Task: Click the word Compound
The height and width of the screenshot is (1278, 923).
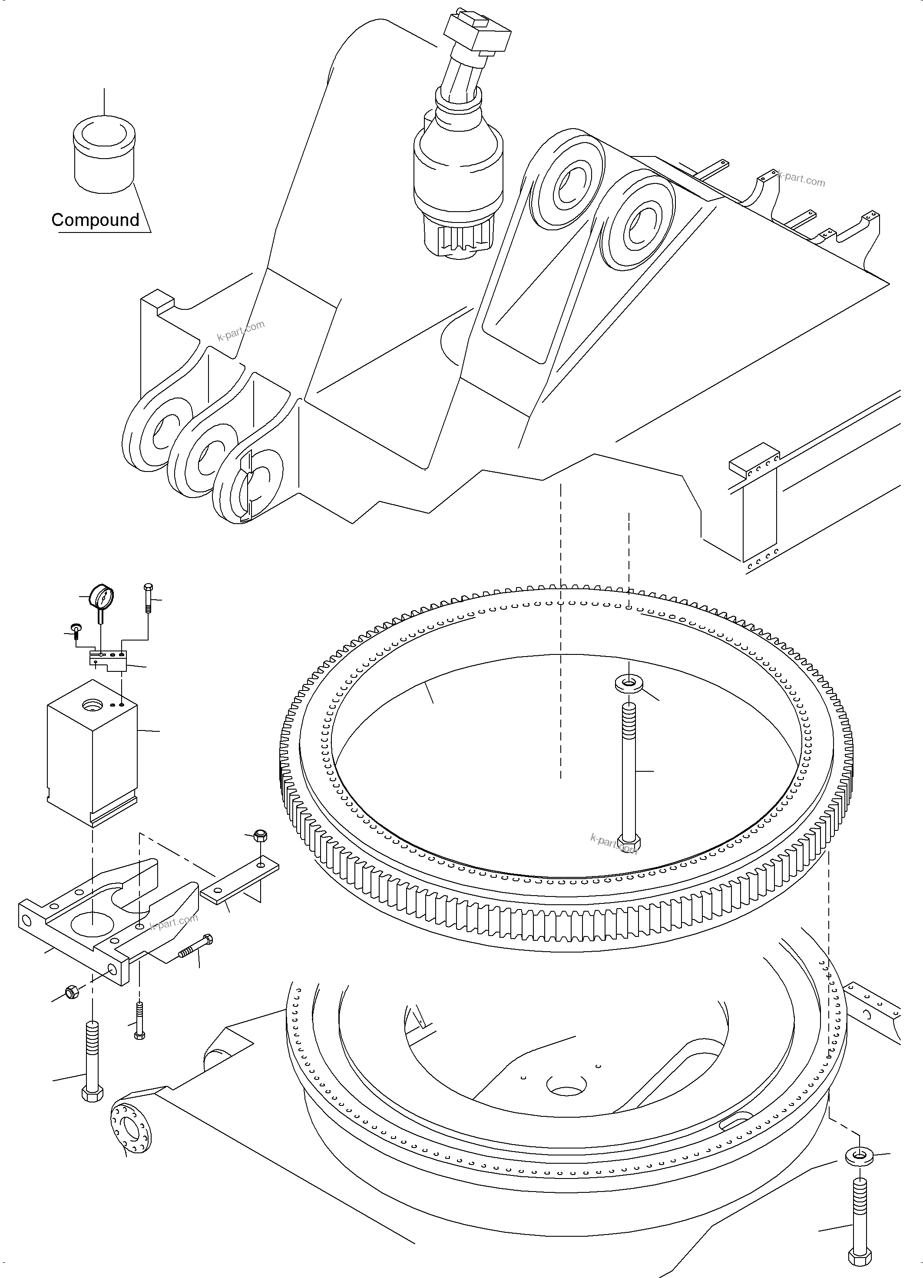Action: point(95,220)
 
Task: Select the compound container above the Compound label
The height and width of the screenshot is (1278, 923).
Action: point(104,155)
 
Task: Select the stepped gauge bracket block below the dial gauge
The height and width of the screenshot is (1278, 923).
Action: point(108,660)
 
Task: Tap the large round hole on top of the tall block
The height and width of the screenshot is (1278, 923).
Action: point(91,704)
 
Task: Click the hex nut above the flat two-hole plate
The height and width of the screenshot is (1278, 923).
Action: point(260,836)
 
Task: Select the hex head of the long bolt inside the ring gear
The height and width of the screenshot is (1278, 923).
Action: point(629,843)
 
